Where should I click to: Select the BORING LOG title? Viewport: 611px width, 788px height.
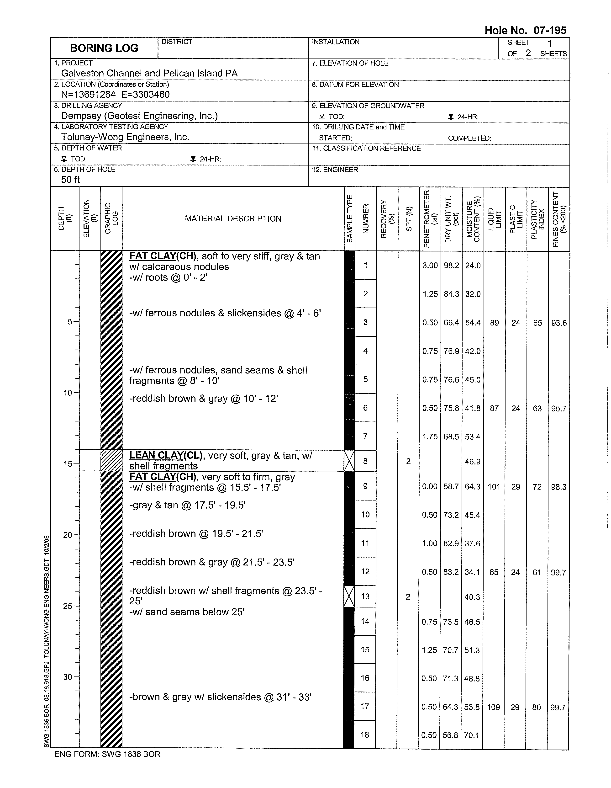[x=104, y=48]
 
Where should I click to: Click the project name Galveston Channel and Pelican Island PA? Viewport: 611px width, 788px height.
[x=149, y=73]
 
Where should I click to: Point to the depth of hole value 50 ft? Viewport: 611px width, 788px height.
[x=70, y=180]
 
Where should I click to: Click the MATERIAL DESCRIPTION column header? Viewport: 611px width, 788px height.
[x=233, y=219]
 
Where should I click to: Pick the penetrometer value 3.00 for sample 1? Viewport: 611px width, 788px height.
[x=430, y=266]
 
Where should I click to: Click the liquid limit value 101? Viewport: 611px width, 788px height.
[x=494, y=487]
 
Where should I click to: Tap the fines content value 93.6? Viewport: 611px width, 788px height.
[x=559, y=323]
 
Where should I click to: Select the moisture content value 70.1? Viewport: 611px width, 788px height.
[x=472, y=735]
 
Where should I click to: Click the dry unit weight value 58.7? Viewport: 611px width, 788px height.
[x=451, y=487]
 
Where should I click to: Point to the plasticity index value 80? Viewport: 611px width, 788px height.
[x=536, y=707]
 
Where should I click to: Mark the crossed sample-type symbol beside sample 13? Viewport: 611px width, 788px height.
[x=349, y=596]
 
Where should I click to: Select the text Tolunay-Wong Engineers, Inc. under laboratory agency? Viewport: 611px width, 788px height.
[x=125, y=137]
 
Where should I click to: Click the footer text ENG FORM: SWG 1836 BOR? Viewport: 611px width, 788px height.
[x=107, y=754]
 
